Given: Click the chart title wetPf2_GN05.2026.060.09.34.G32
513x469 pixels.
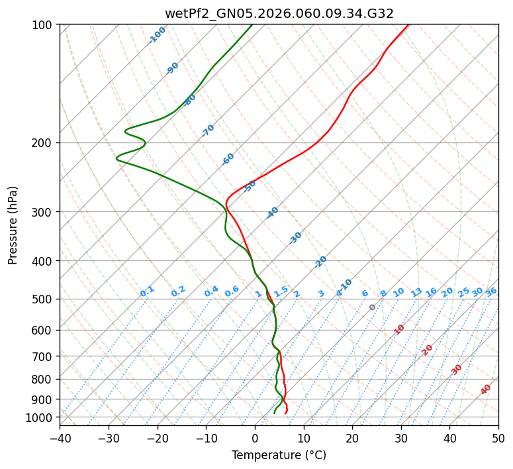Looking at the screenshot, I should click(279, 13).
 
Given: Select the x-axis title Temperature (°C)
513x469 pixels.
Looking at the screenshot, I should click(279, 456).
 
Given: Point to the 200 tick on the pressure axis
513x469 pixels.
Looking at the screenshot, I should click(44, 142).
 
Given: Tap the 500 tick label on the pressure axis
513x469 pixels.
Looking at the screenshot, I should click(44, 299).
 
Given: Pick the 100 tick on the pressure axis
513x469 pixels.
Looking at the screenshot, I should click(44, 25).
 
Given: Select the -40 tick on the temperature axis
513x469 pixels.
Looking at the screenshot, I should click(60, 439).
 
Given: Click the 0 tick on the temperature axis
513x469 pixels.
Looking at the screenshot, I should click(255, 439).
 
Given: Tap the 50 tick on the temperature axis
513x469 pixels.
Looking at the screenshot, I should click(498, 439).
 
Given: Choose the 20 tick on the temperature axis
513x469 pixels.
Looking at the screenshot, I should click(352, 439).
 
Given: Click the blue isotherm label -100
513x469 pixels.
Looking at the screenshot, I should click(157, 35).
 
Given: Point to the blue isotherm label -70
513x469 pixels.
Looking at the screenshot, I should click(208, 130).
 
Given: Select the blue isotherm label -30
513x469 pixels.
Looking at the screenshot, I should click(295, 238).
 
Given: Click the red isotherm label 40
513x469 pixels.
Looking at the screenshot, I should click(486, 390).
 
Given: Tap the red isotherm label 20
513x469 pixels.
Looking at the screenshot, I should click(428, 349).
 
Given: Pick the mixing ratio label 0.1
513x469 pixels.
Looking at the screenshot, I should click(147, 291).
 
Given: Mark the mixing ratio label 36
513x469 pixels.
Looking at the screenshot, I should click(491, 291).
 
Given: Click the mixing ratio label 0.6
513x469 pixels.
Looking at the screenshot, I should click(232, 291).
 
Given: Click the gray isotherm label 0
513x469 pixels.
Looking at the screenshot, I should click(373, 307).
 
